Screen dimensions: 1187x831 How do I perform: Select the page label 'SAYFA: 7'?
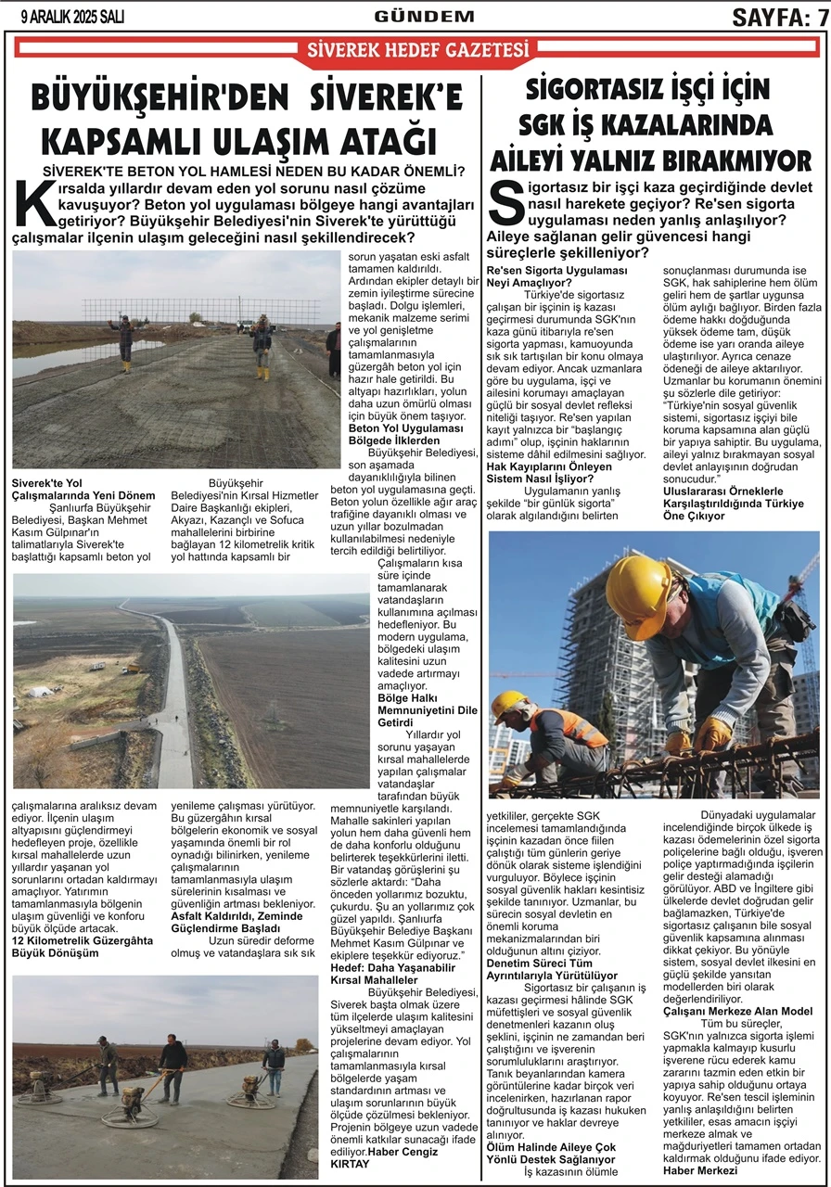click(x=779, y=17)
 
